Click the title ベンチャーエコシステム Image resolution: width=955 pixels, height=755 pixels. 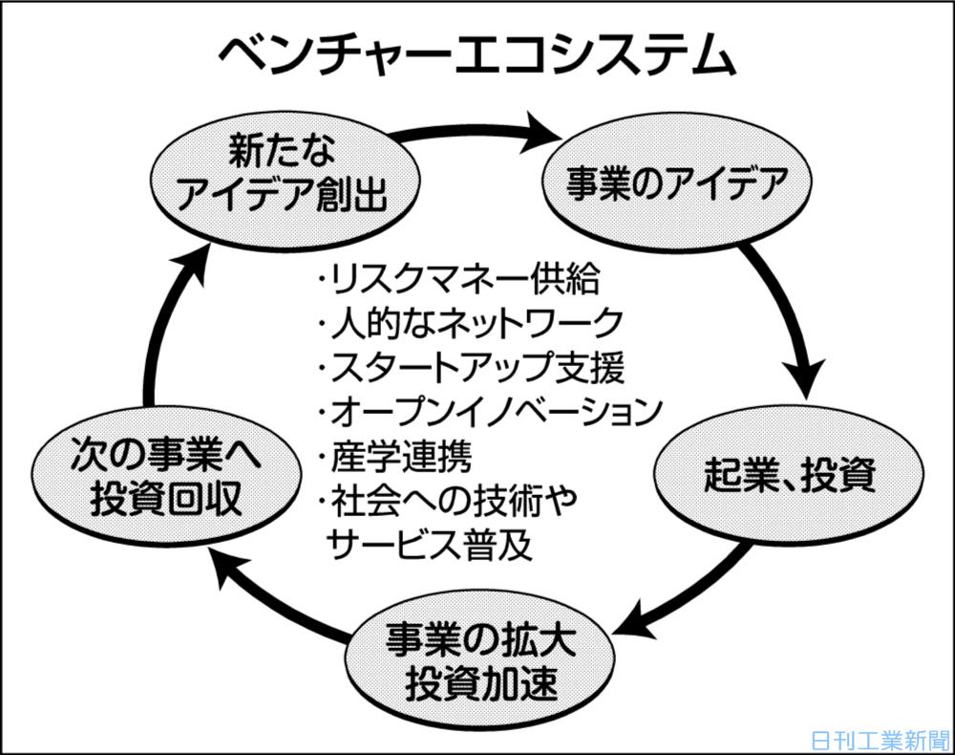pos(477,56)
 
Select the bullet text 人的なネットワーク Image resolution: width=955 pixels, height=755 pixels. pos(477,323)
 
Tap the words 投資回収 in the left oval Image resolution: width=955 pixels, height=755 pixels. pos(166,499)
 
